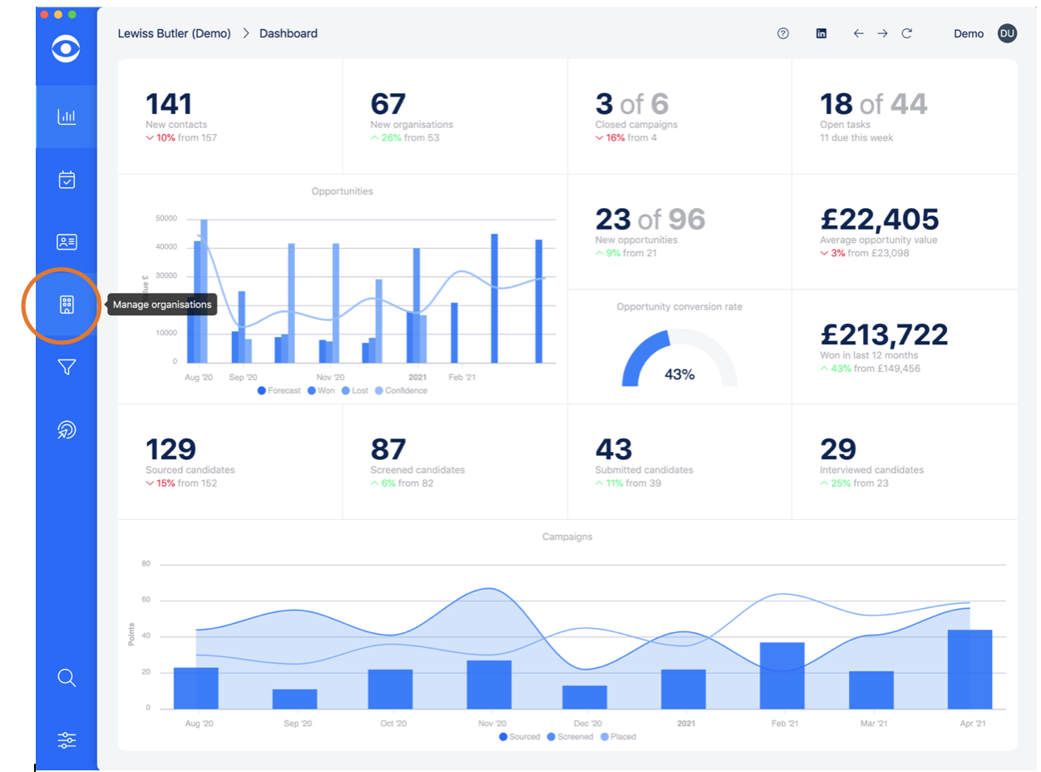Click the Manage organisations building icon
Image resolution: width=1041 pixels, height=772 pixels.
point(67,304)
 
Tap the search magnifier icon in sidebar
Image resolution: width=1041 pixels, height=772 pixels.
point(67,677)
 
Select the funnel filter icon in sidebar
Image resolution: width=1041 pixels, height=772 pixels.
point(67,367)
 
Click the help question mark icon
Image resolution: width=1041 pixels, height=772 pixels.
point(782,34)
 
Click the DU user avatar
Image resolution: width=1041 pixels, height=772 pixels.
point(1007,33)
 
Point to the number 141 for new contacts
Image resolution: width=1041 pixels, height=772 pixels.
point(169,104)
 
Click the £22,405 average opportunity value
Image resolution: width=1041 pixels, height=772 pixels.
point(879,219)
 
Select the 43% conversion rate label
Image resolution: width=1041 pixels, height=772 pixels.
point(679,374)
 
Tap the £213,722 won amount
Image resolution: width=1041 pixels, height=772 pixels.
point(883,334)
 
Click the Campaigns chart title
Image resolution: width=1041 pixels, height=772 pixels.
point(567,537)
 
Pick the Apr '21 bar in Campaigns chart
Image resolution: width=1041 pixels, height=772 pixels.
point(970,669)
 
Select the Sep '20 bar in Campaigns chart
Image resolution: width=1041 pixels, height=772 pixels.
point(295,699)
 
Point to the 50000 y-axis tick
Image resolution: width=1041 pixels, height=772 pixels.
point(166,219)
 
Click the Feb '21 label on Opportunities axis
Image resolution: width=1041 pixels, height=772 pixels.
point(461,377)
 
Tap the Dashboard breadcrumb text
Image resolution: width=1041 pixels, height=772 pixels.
point(289,34)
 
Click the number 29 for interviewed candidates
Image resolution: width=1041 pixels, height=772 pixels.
point(837,449)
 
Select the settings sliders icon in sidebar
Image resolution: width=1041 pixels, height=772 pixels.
point(67,740)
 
